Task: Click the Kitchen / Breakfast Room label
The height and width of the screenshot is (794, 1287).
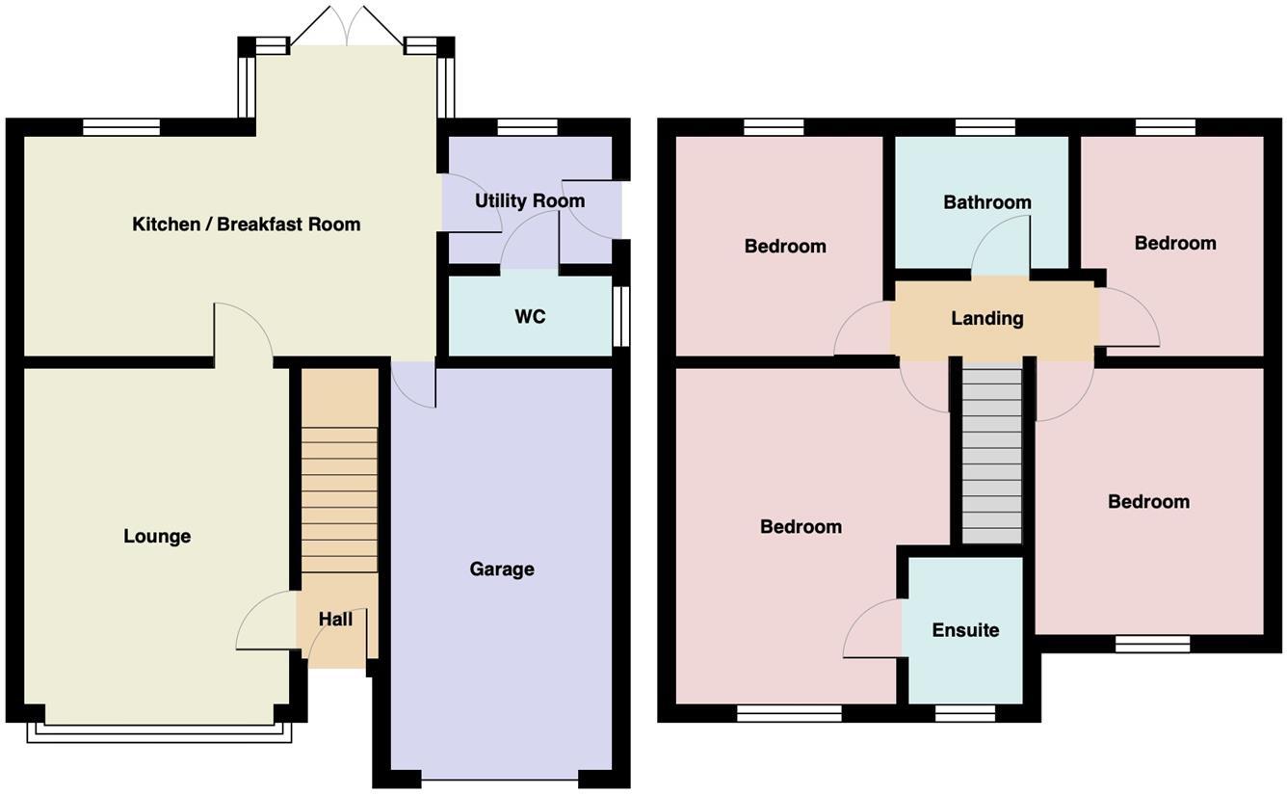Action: [246, 225]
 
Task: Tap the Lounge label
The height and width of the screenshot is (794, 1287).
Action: [157, 537]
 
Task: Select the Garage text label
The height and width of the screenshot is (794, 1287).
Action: [502, 569]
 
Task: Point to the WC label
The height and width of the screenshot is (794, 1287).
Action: [530, 317]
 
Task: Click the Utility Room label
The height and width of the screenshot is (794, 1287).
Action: [530, 200]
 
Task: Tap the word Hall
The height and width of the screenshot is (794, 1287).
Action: [335, 620]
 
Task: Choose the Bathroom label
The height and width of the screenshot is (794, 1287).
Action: [987, 202]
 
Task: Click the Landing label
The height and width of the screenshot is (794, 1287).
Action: [987, 318]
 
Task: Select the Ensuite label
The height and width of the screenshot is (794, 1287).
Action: [965, 630]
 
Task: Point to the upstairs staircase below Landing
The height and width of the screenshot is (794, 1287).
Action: [992, 453]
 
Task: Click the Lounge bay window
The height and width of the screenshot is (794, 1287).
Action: [159, 732]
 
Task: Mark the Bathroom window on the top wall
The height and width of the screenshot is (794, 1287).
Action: [985, 126]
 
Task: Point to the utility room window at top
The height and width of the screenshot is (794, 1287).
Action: [528, 127]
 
